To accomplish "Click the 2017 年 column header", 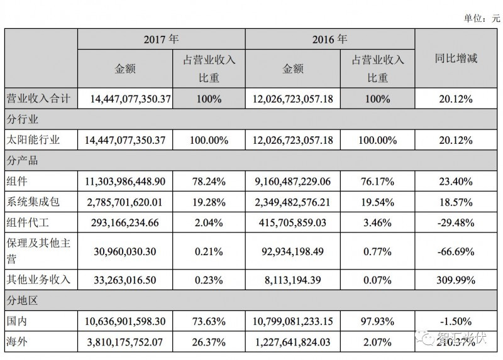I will point(161,39).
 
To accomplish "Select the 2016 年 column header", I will point(329,39).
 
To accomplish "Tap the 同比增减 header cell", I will point(456,59).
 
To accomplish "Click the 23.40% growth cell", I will point(456,182).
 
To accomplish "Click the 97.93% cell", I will point(377,321).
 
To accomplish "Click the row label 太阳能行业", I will point(36,139).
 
